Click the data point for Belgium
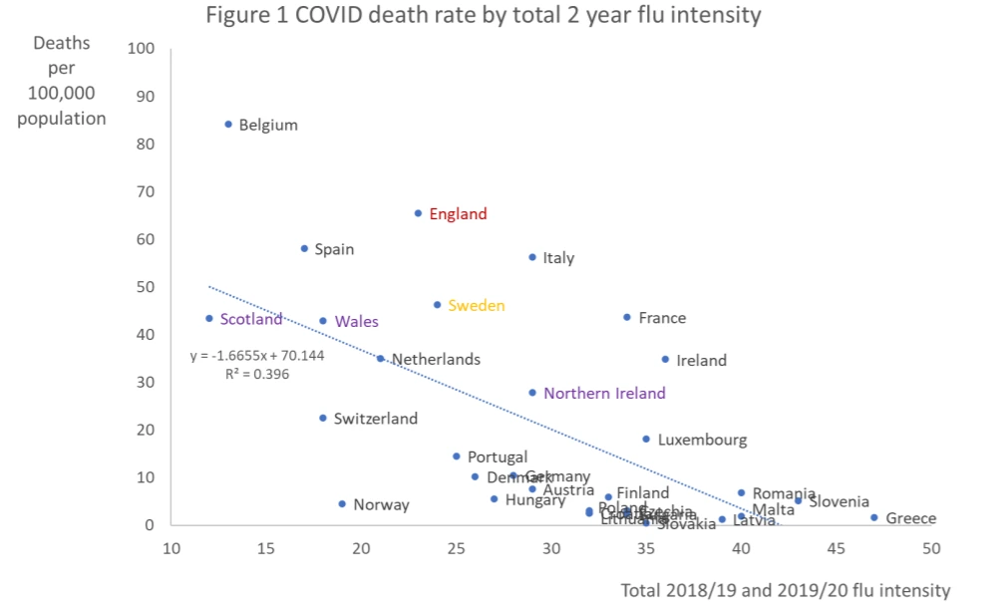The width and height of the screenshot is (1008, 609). point(228,125)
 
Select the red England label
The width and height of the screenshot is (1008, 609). point(458,214)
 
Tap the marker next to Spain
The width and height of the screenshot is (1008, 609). point(304,248)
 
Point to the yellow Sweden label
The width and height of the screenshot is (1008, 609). point(476,306)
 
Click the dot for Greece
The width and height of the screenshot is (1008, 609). point(873,517)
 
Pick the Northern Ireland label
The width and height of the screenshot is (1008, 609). point(603,394)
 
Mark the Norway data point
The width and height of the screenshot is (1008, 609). point(342,504)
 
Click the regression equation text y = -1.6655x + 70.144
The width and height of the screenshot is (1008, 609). point(258,355)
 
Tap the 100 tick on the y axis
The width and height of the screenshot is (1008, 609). point(141,49)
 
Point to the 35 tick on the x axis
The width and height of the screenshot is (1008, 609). point(646,549)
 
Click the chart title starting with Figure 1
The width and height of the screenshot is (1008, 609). point(483,16)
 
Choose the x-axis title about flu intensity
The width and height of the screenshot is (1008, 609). point(785,590)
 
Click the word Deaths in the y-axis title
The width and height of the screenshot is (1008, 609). point(62,43)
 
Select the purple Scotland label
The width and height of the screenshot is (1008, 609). point(250,320)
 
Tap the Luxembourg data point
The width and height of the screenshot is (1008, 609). point(646,439)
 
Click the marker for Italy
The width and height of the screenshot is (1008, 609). point(532,257)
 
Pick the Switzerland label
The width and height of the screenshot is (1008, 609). point(375,419)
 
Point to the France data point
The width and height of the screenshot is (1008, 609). point(627,317)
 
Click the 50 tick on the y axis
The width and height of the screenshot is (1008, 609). point(145,287)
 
